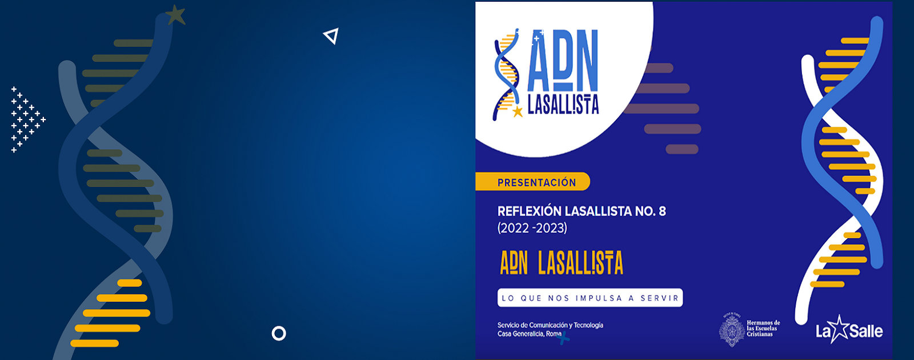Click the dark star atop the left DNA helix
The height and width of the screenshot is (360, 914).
176,15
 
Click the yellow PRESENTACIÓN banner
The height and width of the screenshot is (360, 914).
532,182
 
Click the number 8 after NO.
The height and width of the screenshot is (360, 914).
662,211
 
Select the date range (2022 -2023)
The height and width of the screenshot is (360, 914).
532,228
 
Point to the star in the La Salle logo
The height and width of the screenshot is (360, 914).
839,329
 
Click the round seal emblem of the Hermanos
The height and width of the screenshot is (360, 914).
732,330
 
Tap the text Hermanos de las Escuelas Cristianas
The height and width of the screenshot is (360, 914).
763,329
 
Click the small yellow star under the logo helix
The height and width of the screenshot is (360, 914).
518,111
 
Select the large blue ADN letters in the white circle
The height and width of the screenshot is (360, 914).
563,61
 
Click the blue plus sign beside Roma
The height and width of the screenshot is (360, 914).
563,338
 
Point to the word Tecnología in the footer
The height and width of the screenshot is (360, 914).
588,325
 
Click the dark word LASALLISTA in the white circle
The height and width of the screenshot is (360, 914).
563,105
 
